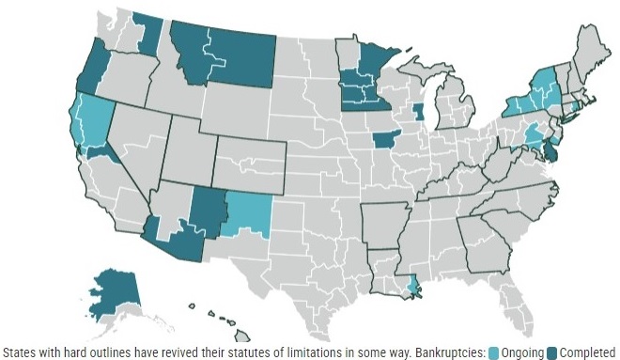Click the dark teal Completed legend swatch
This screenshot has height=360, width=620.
click(551, 352)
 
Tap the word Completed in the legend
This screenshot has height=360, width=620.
click(588, 352)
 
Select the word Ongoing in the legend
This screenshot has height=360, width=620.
click(523, 352)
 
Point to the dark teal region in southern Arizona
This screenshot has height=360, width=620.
click(174, 240)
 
